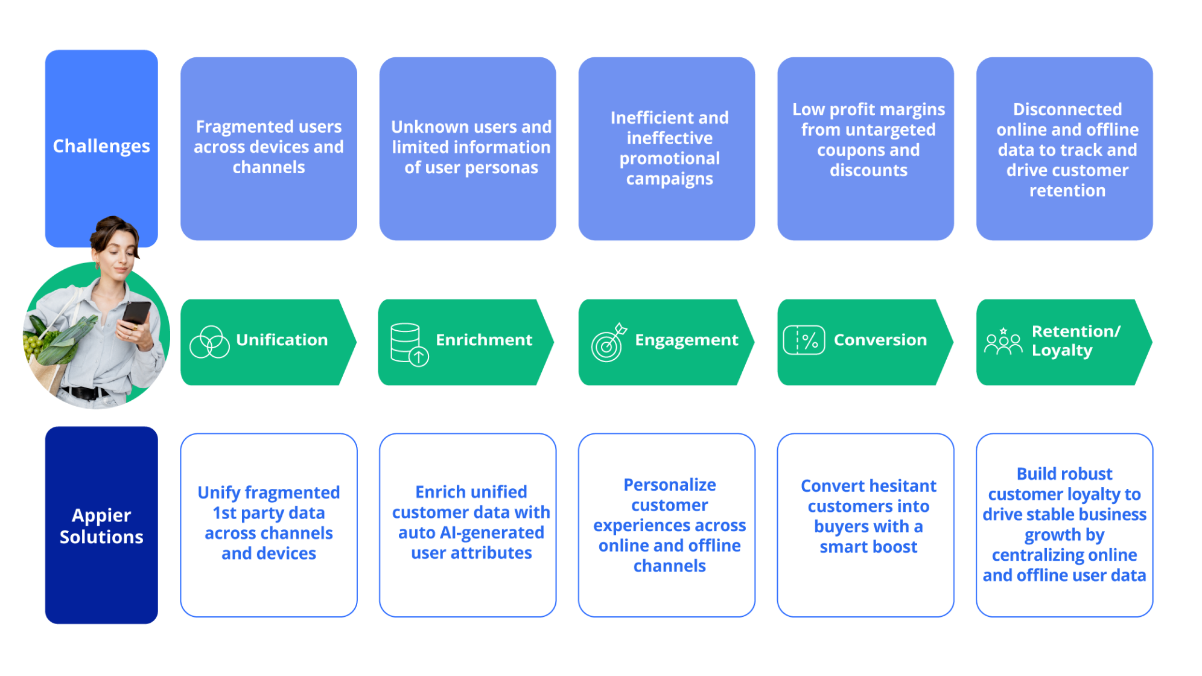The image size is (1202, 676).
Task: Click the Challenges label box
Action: [x=101, y=147]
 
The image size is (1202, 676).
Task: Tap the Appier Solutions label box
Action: [x=101, y=525]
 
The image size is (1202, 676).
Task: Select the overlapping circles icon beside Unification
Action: [x=209, y=342]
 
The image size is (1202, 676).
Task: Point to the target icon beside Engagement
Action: [x=609, y=343]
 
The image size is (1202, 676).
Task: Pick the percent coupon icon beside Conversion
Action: [x=804, y=340]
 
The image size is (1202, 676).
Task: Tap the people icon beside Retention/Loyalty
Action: [x=1003, y=342]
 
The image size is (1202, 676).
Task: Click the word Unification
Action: [x=282, y=340]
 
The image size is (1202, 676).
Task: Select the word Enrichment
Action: [x=484, y=340]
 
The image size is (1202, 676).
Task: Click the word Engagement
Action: [x=687, y=340]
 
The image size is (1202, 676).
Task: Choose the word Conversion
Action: [x=880, y=340]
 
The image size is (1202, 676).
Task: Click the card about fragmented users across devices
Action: [x=269, y=148]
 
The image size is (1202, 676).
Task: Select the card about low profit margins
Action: [x=865, y=148]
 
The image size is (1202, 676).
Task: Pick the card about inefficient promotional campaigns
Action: [x=667, y=148]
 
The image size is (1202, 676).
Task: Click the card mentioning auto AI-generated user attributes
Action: [x=468, y=525]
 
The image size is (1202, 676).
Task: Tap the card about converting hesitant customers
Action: [x=865, y=525]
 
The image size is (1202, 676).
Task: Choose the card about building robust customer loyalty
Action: [x=1064, y=525]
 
